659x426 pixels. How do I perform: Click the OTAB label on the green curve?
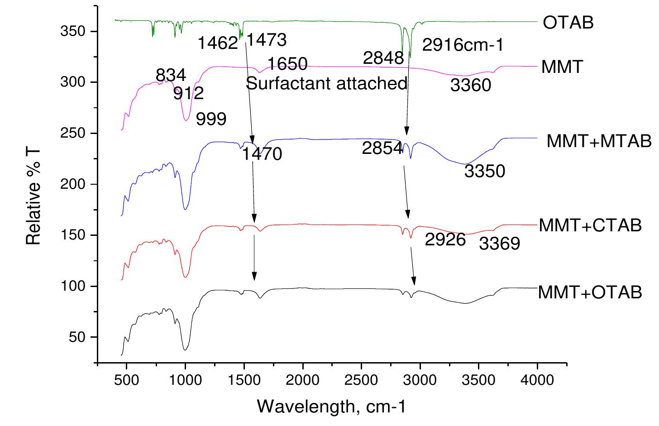click(568, 22)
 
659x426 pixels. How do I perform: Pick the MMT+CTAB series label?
click(590, 225)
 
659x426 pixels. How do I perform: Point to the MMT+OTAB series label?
click(590, 292)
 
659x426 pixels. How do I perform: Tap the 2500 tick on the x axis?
click(361, 379)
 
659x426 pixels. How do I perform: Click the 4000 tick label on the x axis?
click(537, 379)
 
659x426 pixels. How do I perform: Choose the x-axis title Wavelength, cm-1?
click(332, 406)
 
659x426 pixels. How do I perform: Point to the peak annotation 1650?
click(287, 63)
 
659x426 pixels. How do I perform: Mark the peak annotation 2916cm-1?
click(463, 45)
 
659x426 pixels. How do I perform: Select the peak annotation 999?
click(211, 119)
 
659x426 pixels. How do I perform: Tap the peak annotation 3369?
click(500, 244)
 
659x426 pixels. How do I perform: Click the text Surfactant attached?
click(327, 83)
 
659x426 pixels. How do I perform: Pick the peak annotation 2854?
click(382, 148)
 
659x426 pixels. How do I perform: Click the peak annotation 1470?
click(262, 154)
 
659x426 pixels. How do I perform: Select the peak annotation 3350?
click(485, 171)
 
